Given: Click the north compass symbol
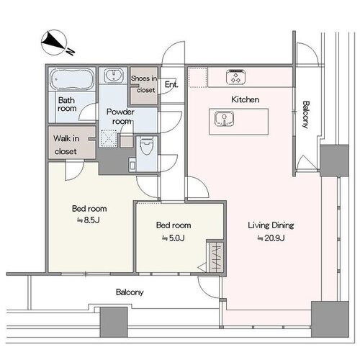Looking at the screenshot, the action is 55,42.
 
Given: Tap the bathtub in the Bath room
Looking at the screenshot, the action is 72,78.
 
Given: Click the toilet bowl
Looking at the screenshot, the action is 147,145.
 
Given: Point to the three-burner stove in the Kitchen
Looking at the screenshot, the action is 236,77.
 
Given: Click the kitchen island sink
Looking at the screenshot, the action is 225,119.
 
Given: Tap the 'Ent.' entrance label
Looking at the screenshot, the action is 171,84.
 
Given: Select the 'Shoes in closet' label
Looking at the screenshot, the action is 144,84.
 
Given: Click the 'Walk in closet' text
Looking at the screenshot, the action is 66,145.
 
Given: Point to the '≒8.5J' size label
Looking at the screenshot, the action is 89,220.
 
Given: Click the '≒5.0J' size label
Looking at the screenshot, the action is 174,238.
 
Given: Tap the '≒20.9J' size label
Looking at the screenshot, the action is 271,238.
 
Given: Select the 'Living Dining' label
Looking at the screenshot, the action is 271,225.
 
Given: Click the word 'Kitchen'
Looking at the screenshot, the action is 246,99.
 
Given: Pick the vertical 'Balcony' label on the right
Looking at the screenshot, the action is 305,114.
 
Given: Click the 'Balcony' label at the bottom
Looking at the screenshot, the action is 130,292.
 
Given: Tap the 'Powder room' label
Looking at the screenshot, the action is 120,117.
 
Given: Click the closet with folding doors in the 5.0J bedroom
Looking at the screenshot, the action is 216,257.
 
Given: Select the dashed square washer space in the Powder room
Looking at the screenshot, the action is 109,138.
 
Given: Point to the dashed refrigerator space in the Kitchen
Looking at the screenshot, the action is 197,77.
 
